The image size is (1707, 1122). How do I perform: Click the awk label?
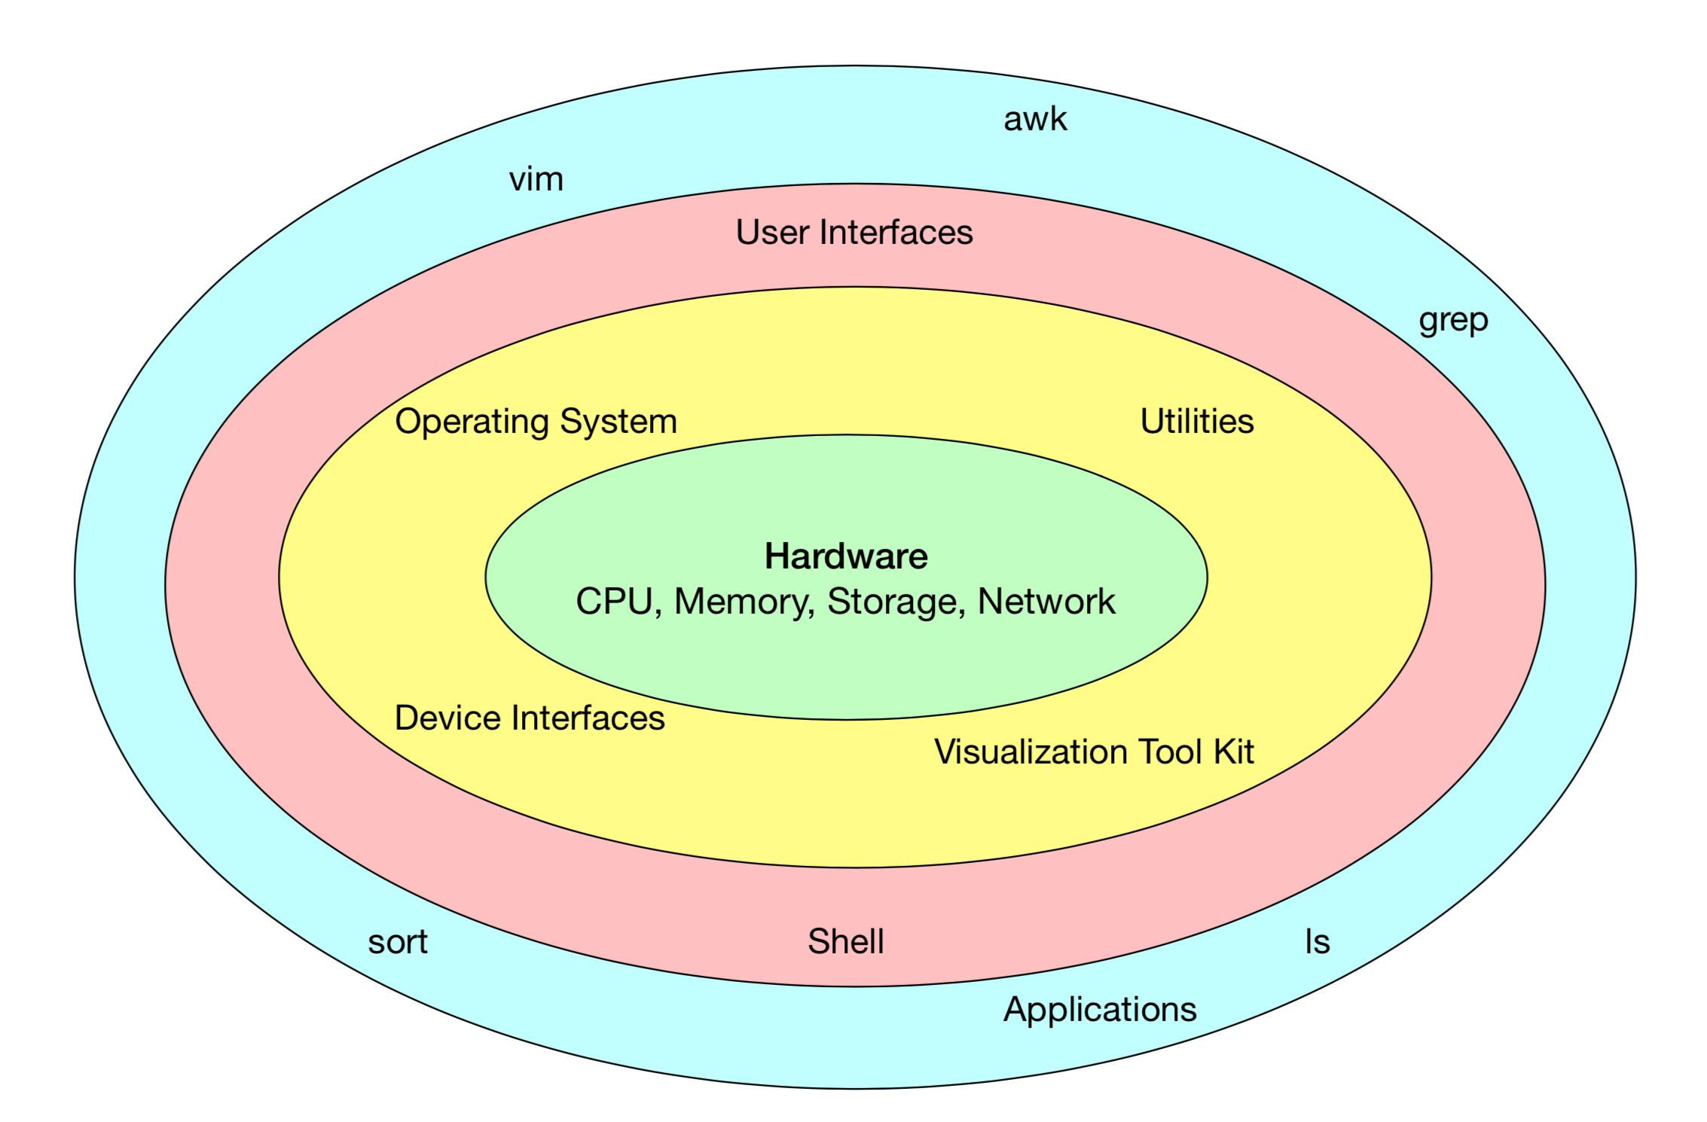click(x=1035, y=120)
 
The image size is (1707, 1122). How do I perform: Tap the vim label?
click(x=536, y=180)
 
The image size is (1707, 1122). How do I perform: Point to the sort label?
click(x=397, y=942)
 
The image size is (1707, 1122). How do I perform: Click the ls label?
click(x=1318, y=942)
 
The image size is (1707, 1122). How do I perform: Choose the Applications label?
click(x=1100, y=1010)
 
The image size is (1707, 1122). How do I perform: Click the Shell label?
click(x=846, y=942)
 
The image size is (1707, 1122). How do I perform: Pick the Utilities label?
click(x=1197, y=422)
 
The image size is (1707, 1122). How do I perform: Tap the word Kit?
click(x=1233, y=752)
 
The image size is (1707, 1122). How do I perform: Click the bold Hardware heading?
click(x=846, y=556)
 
